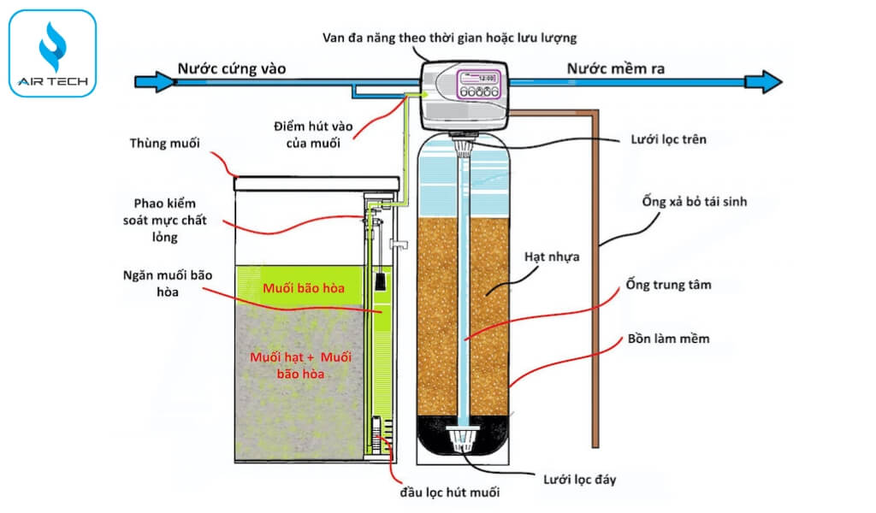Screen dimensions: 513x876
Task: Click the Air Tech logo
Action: pyautogui.click(x=52, y=52)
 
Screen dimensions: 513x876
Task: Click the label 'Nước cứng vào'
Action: pyautogui.click(x=232, y=68)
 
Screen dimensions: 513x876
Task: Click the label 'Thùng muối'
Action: pyautogui.click(x=165, y=143)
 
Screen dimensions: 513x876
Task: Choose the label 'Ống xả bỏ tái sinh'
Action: pyautogui.click(x=698, y=202)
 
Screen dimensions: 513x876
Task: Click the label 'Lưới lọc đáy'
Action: pyautogui.click(x=579, y=479)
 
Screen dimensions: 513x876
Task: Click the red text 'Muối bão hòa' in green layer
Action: pyautogui.click(x=305, y=288)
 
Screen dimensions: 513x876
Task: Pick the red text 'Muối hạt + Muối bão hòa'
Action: pyautogui.click(x=300, y=364)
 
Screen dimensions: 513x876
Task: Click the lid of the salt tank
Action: pyautogui.click(x=317, y=182)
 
